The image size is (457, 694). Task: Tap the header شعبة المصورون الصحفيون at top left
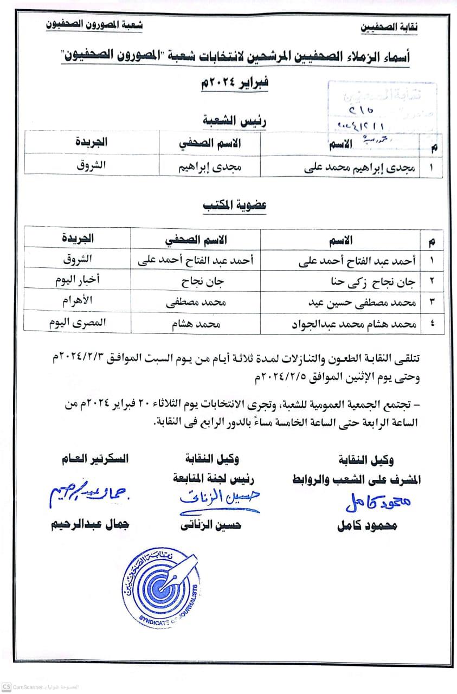tap(93, 25)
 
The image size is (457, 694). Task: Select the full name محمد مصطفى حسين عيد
tap(365, 302)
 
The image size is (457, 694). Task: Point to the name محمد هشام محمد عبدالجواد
tap(357, 324)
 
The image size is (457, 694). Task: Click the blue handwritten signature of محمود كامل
tap(378, 503)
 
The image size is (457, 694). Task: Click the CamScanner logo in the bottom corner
tap(6, 686)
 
